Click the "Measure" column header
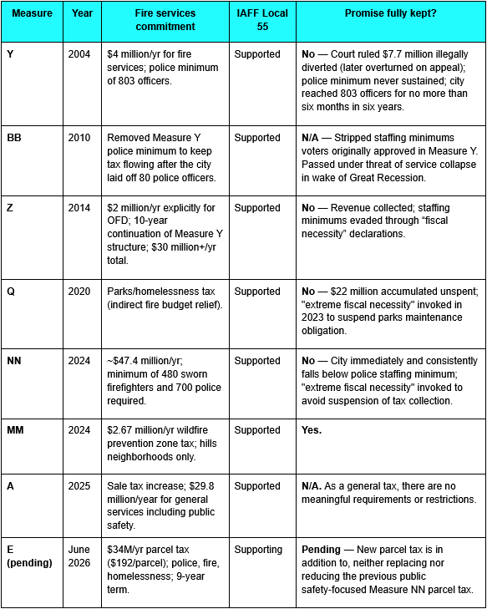(31, 13)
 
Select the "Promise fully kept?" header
(389, 13)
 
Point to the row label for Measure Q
(11, 291)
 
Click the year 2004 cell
(80, 53)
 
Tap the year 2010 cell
(80, 137)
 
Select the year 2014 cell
(80, 214)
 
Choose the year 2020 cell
(80, 291)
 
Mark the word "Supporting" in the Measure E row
(260, 549)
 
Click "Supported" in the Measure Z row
(257, 214)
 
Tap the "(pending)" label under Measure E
(29, 562)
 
